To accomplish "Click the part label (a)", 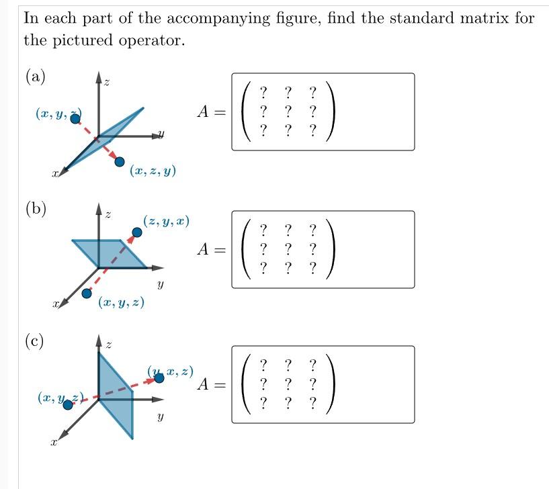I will [35, 77].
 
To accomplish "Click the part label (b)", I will [36, 209].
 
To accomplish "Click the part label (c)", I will [35, 341].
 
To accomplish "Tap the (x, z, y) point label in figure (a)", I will [153, 171].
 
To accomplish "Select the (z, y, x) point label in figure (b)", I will [166, 221].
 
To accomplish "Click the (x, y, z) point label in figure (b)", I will [121, 303].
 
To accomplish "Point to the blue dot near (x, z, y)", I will [120, 161].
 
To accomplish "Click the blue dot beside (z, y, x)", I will [137, 232].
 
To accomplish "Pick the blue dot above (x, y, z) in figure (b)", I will [87, 294].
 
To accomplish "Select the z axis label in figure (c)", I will [108, 345].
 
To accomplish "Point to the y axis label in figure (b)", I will [160, 285].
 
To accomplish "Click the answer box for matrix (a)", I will [323, 112].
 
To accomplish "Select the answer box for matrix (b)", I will [323, 249].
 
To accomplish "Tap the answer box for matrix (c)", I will [323, 384].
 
